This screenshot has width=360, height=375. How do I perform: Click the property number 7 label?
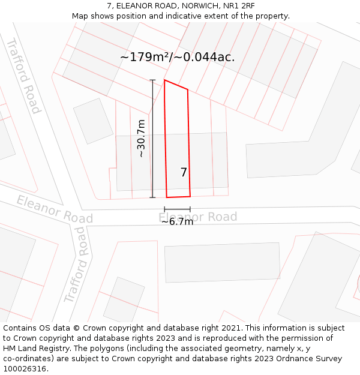(x=184, y=173)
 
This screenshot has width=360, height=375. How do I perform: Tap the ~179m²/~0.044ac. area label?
(x=177, y=57)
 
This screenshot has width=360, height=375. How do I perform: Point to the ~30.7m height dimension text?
(x=141, y=139)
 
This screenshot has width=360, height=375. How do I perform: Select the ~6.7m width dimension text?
(x=177, y=221)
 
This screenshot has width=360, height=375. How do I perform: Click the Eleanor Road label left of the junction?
(x=55, y=209)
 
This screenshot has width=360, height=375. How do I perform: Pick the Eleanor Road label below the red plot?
(x=198, y=217)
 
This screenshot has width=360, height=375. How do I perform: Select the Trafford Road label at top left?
(x=24, y=76)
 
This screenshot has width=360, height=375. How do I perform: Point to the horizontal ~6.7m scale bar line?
(x=177, y=209)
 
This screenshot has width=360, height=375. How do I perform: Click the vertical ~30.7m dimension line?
(x=152, y=139)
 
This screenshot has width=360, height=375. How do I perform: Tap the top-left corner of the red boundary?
(x=164, y=80)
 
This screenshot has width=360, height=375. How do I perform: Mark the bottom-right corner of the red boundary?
(x=190, y=196)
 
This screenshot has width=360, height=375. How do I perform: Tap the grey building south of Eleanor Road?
(x=223, y=262)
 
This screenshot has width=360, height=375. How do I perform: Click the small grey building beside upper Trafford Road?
(x=94, y=121)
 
